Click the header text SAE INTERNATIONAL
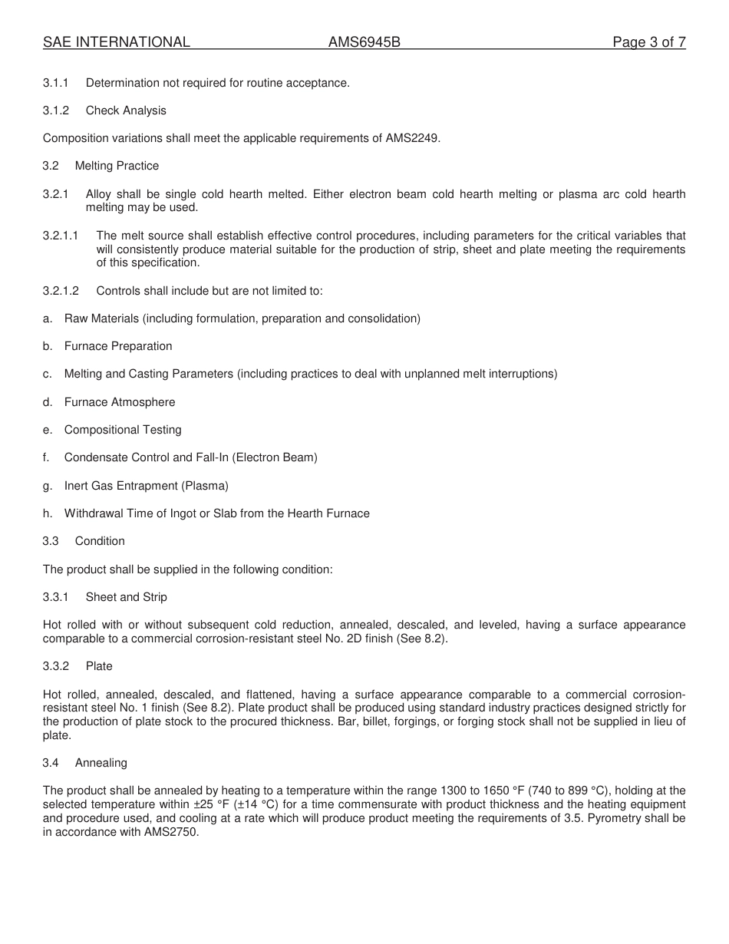coord(116,42)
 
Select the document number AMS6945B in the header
coord(364,42)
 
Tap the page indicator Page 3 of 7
coord(648,42)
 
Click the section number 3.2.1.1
coord(61,236)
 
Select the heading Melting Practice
coord(117,166)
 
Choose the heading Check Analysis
coord(126,111)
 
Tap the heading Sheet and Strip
coord(126,597)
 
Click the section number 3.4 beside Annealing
coord(51,763)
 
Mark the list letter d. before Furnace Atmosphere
coord(48,402)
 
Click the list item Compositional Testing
coord(123,430)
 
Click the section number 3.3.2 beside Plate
coord(56,666)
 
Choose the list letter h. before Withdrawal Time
coord(48,513)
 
